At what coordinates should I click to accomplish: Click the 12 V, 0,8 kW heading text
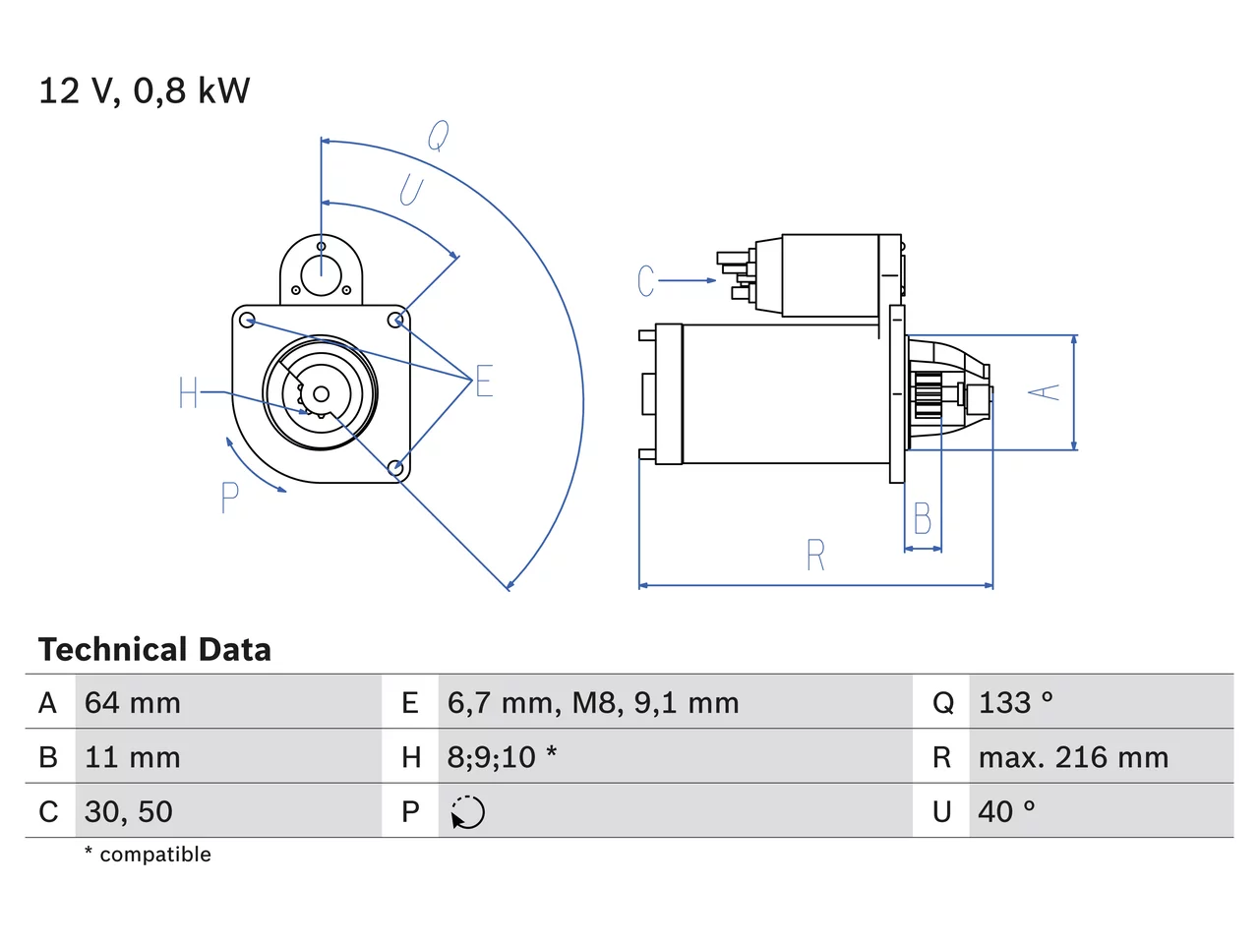(144, 90)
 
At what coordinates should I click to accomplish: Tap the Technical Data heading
(154, 649)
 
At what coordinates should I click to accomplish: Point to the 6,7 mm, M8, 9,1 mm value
(593, 703)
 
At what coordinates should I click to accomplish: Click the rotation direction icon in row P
(467, 812)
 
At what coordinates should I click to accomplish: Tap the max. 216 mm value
(1073, 757)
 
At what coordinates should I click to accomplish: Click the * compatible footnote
(148, 855)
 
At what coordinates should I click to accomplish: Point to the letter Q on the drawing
(439, 136)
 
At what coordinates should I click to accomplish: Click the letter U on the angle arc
(411, 190)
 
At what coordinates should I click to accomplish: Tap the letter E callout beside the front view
(484, 381)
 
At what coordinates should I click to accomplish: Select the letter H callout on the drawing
(188, 392)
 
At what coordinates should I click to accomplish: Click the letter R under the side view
(815, 555)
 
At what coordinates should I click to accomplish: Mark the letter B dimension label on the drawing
(923, 518)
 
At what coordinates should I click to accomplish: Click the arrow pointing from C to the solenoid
(688, 280)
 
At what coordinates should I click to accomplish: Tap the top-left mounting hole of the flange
(247, 321)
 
